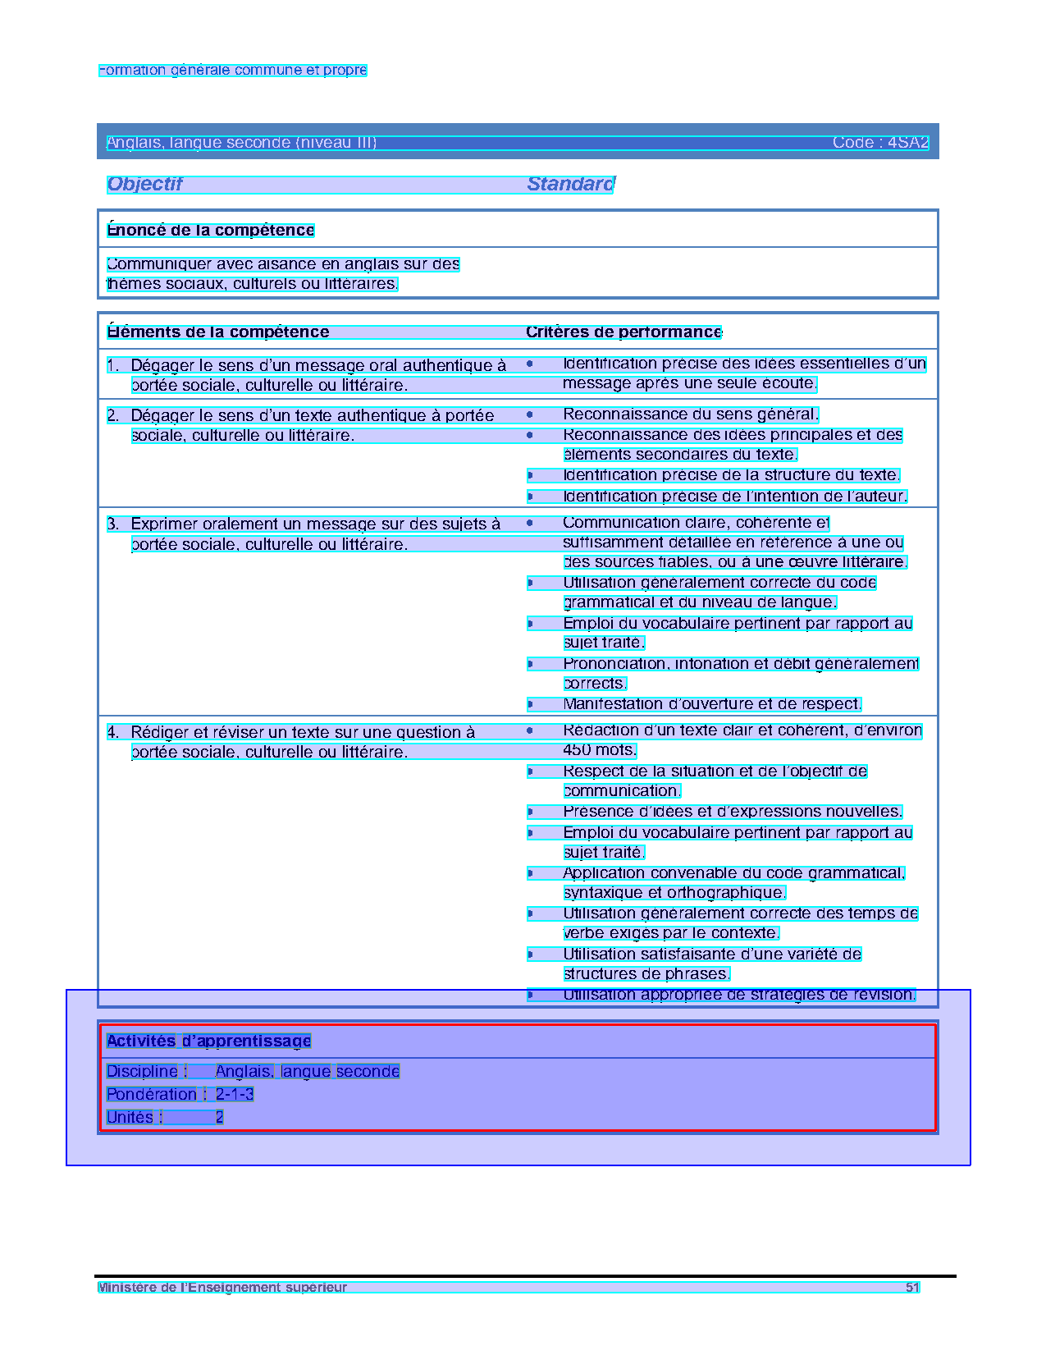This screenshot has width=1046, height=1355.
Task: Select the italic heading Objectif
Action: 144,184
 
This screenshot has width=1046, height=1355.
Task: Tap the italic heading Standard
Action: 570,184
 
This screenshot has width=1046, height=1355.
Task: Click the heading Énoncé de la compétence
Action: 211,230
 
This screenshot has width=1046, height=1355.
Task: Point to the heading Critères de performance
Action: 623,332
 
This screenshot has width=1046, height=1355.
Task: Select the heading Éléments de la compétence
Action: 218,332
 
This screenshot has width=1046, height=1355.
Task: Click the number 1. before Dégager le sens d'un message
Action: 113,365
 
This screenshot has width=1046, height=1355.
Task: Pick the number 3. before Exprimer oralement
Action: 113,524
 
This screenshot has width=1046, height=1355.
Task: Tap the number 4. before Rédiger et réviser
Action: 113,732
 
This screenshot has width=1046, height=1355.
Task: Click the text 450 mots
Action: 600,750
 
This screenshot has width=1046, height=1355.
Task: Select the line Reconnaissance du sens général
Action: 691,414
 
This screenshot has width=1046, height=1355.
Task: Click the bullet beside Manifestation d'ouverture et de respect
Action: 530,704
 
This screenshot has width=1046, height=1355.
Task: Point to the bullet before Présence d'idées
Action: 530,812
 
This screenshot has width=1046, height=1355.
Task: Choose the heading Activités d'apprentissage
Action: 208,1041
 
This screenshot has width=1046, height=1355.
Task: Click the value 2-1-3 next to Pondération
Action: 235,1094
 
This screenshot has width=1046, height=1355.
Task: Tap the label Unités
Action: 130,1117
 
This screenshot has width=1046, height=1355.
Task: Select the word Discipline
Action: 142,1071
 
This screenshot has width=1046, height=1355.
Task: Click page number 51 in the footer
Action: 912,1287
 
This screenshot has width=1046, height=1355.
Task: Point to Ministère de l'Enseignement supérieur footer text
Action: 222,1287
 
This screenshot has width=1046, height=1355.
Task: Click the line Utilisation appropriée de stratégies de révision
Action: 739,995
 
